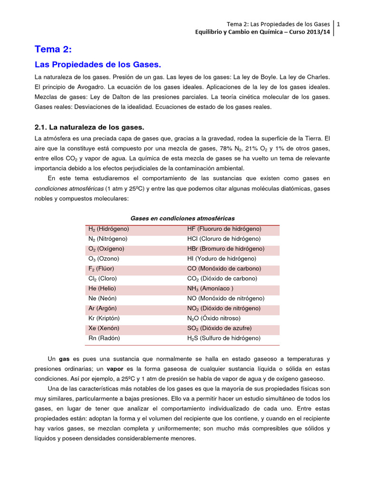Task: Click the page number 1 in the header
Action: click(x=338, y=24)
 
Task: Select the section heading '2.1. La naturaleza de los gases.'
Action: click(x=89, y=128)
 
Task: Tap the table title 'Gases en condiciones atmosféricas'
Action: click(x=182, y=218)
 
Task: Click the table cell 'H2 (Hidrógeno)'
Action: click(x=109, y=229)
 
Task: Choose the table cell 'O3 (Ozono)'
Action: click(x=104, y=259)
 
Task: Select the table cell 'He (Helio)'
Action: click(x=102, y=289)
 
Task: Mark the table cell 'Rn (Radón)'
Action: click(x=104, y=338)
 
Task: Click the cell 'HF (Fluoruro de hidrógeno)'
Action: click(x=224, y=229)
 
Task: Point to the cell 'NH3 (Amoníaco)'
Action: click(x=210, y=289)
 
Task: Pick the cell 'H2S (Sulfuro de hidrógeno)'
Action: click(x=224, y=338)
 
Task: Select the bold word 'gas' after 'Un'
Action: click(x=64, y=359)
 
